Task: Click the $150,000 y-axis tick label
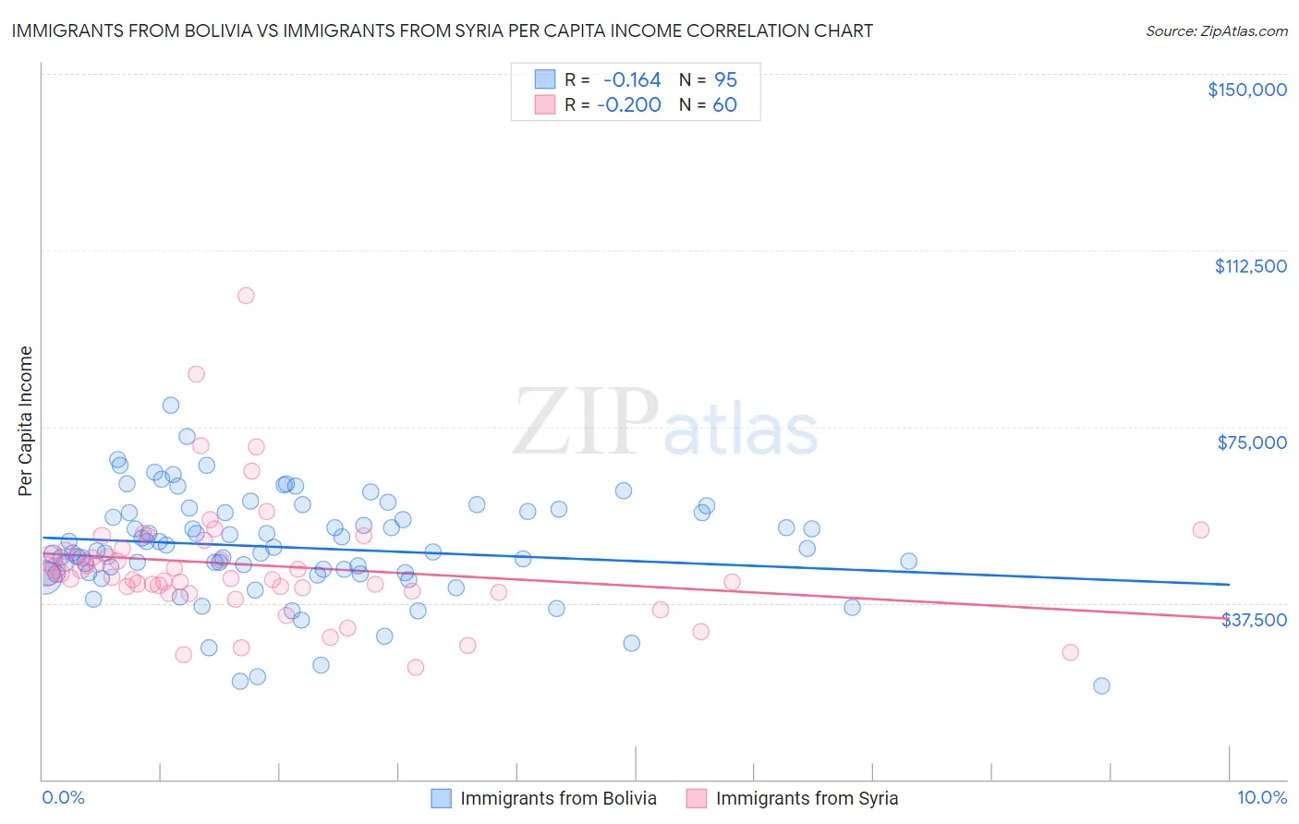1246,90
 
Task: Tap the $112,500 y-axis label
1250,266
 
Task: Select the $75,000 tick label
1251,442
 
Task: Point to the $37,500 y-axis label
1254,620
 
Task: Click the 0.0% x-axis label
63,798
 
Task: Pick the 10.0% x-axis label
1261,798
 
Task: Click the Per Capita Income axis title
26,420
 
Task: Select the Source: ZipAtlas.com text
1216,31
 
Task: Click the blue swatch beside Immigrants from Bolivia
442,798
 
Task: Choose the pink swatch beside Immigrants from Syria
697,798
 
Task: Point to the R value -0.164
632,80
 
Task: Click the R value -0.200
629,105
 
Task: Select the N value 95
725,80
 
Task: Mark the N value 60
724,105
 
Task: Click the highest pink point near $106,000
246,296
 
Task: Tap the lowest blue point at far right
1101,685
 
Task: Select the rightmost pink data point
1200,530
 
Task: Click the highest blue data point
171,405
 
